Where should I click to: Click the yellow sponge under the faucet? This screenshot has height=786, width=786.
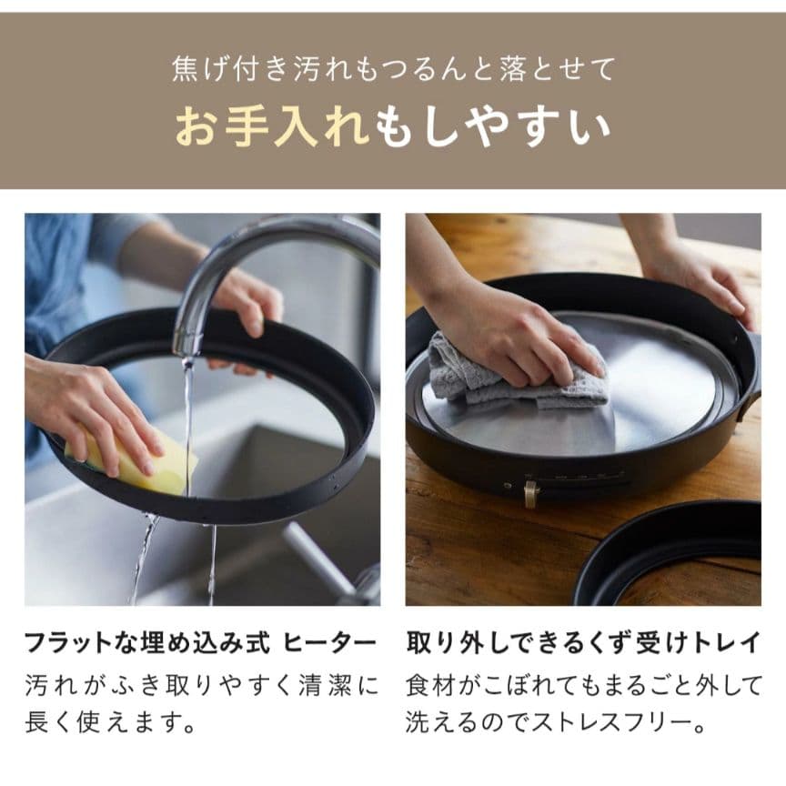tap(146, 464)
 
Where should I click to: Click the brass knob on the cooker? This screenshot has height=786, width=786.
tap(531, 494)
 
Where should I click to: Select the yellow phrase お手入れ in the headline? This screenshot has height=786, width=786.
tap(273, 127)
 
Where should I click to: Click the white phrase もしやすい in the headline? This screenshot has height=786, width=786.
tap(492, 127)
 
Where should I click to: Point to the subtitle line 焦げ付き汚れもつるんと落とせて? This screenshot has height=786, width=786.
tap(393, 68)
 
